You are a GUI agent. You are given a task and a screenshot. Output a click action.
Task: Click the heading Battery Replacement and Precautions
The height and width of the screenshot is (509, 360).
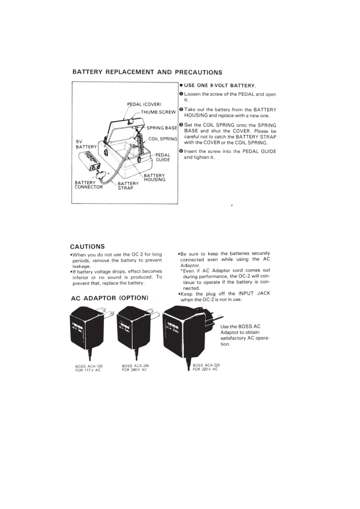point(147,72)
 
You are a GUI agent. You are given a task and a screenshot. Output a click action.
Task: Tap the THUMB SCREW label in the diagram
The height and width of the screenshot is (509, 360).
point(158,112)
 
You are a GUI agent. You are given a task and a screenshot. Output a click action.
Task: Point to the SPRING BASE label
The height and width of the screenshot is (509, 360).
point(162,128)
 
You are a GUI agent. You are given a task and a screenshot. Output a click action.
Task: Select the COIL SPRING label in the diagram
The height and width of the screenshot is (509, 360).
point(163,139)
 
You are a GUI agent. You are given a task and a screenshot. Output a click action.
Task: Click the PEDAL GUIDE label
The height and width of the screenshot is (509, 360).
point(163,157)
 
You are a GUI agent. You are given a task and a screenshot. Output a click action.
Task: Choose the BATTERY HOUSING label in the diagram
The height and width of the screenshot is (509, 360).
point(154,177)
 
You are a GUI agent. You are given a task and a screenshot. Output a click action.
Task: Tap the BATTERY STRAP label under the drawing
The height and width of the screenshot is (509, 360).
point(128,186)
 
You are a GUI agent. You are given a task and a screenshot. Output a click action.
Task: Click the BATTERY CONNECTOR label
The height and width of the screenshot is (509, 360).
point(89,185)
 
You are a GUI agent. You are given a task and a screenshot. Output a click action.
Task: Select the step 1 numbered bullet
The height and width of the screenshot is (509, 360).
point(181,94)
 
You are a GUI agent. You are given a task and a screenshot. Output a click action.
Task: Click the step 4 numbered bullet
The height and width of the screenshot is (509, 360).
point(181,151)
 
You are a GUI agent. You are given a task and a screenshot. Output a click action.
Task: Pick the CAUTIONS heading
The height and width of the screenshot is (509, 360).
point(87,246)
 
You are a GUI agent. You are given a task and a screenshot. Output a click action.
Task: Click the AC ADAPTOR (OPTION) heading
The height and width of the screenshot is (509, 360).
point(109,298)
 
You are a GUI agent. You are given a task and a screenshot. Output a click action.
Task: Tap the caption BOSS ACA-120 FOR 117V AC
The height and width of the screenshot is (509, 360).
point(89,368)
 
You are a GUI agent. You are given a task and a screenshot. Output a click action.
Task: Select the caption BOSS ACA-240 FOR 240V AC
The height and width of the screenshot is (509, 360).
point(135,368)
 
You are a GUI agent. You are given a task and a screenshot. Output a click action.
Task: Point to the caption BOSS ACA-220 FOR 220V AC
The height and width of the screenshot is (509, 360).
point(206,367)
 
